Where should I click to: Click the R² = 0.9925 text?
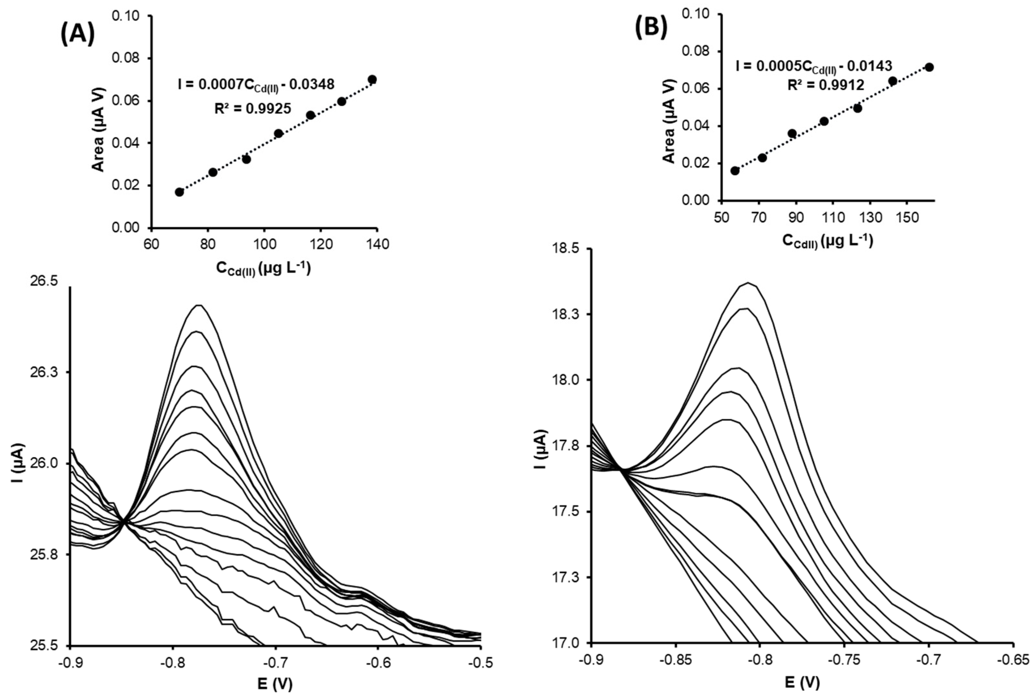click(253, 108)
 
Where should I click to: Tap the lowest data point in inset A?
click(179, 192)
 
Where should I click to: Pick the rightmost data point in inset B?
click(929, 67)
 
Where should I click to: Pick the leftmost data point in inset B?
click(735, 171)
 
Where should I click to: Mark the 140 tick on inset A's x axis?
click(377, 244)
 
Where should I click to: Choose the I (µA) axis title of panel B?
click(541, 446)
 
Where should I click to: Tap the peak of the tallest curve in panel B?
click(749, 283)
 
